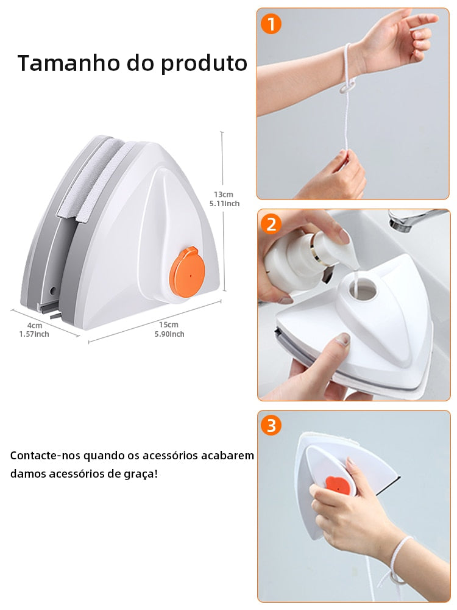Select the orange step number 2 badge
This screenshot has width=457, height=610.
point(271,224)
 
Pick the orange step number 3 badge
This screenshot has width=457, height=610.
point(271,425)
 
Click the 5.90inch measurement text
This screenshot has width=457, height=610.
point(169,334)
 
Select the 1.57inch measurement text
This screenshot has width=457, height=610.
point(34,334)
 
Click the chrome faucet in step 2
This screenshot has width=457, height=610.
point(414,218)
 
